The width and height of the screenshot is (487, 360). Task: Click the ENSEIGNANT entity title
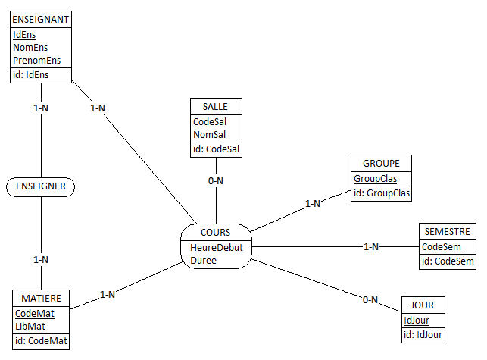point(41,18)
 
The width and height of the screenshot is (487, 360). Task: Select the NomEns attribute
point(30,47)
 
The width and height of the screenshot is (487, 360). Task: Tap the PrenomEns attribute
point(36,60)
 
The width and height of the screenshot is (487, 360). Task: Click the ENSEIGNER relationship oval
point(41,186)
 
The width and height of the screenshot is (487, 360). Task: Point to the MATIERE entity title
point(41,299)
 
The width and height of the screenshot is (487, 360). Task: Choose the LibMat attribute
point(30,326)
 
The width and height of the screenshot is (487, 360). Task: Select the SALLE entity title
point(216,106)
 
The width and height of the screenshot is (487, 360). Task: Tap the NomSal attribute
point(209,134)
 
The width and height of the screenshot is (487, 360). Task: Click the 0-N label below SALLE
point(216,180)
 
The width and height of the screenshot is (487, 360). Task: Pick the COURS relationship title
point(216,232)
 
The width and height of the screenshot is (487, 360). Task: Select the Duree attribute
point(203,260)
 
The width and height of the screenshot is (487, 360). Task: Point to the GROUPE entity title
point(381,164)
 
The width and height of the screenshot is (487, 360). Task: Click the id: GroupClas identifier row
point(381,193)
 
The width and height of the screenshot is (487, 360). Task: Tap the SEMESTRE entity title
point(448,232)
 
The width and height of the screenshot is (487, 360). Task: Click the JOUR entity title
point(423,305)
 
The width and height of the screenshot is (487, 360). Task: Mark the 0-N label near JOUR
point(370,300)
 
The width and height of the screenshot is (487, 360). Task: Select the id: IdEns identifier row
point(31,74)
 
